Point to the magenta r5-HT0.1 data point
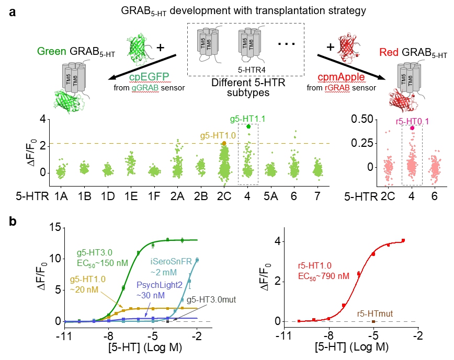(412, 127)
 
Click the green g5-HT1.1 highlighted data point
(248, 126)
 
